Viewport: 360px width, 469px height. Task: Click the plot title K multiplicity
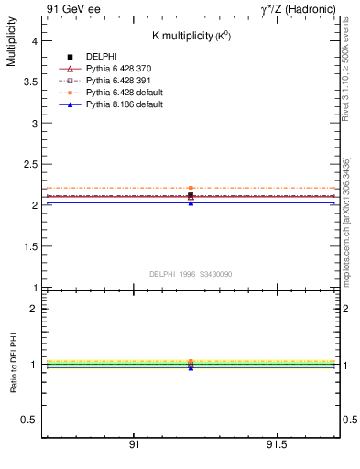191,35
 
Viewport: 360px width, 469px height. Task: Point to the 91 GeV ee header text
70,8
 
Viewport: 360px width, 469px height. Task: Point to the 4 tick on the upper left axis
34,40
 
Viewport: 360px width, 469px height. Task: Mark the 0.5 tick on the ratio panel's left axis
29,420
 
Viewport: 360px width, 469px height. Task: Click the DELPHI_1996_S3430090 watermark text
190,274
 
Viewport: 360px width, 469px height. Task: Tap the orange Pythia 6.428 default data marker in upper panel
191,188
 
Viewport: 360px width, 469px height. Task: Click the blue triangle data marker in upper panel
191,202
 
